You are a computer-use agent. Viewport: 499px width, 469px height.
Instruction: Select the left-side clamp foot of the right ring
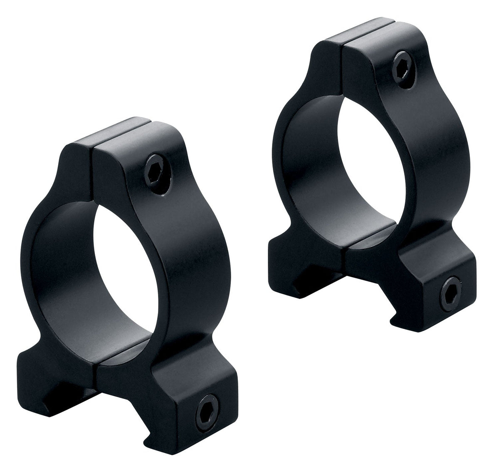pos(283,250)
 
